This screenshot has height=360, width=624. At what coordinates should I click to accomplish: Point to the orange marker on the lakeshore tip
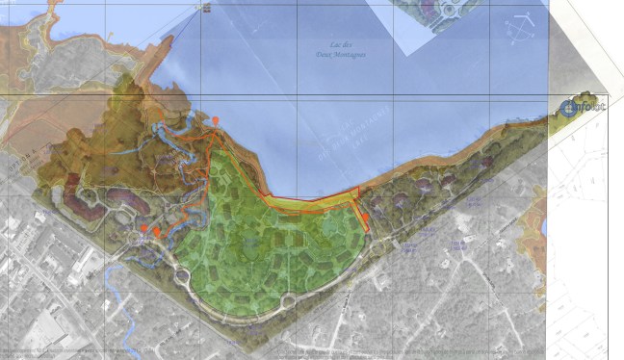[x=216, y=120]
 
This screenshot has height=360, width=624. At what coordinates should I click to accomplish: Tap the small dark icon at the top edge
[x=204, y=8]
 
